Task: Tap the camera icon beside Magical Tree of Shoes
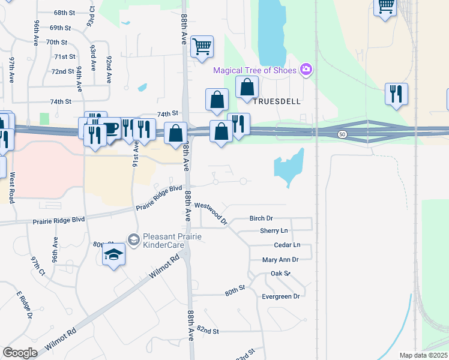click(x=306, y=70)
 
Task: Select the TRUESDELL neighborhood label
click(x=276, y=101)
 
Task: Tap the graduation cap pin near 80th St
click(x=113, y=256)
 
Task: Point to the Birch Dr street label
click(x=261, y=218)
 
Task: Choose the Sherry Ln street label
click(x=274, y=231)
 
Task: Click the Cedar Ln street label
click(x=286, y=245)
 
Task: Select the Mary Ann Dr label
click(x=280, y=260)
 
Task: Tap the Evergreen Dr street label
click(x=280, y=296)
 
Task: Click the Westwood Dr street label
click(x=211, y=212)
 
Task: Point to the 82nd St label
click(x=208, y=331)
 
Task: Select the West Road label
click(x=11, y=187)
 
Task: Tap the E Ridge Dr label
click(x=23, y=305)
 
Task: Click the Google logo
click(x=20, y=353)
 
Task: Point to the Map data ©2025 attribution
click(x=423, y=355)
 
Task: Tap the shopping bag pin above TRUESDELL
click(x=247, y=87)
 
